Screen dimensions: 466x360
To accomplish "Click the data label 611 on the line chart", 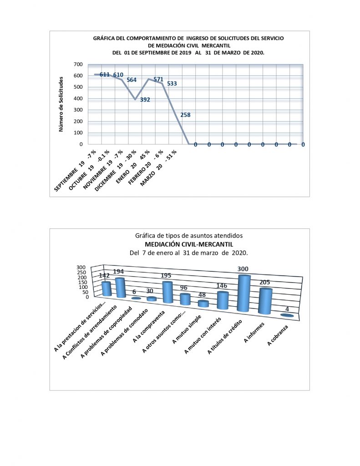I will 105,75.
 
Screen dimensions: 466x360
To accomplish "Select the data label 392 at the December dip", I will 145,100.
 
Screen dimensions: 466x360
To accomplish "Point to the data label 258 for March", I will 185,115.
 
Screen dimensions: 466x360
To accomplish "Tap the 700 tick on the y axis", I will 78,64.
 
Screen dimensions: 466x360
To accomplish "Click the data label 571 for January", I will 158,79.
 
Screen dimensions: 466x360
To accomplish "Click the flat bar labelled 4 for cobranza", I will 287,315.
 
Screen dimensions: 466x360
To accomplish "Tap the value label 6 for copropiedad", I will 134,292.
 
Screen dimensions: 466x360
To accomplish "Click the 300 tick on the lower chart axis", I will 81,267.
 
